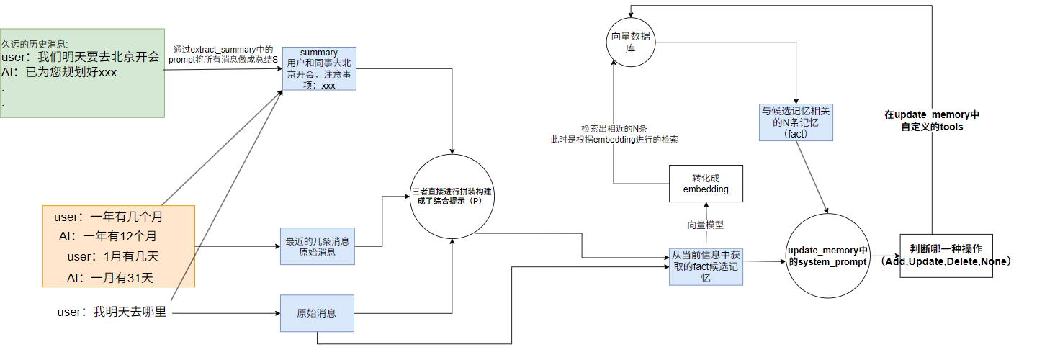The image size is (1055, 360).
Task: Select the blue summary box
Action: [318, 69]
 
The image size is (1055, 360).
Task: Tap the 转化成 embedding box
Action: [705, 184]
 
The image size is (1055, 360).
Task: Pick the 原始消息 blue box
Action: [316, 313]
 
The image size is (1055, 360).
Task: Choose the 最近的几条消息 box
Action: [318, 247]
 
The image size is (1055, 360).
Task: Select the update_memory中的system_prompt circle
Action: [827, 256]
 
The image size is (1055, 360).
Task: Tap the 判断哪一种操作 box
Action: [946, 256]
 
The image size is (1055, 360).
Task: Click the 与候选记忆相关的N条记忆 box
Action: [796, 122]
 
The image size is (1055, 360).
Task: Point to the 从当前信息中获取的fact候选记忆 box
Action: [705, 266]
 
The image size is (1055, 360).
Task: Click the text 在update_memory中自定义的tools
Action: [932, 120]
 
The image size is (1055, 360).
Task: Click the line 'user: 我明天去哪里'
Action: [112, 312]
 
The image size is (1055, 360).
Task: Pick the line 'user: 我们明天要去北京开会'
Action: [81, 58]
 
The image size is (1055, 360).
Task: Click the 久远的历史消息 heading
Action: [34, 44]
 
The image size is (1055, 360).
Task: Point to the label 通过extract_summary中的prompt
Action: [223, 55]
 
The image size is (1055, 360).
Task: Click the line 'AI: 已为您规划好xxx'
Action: [59, 73]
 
